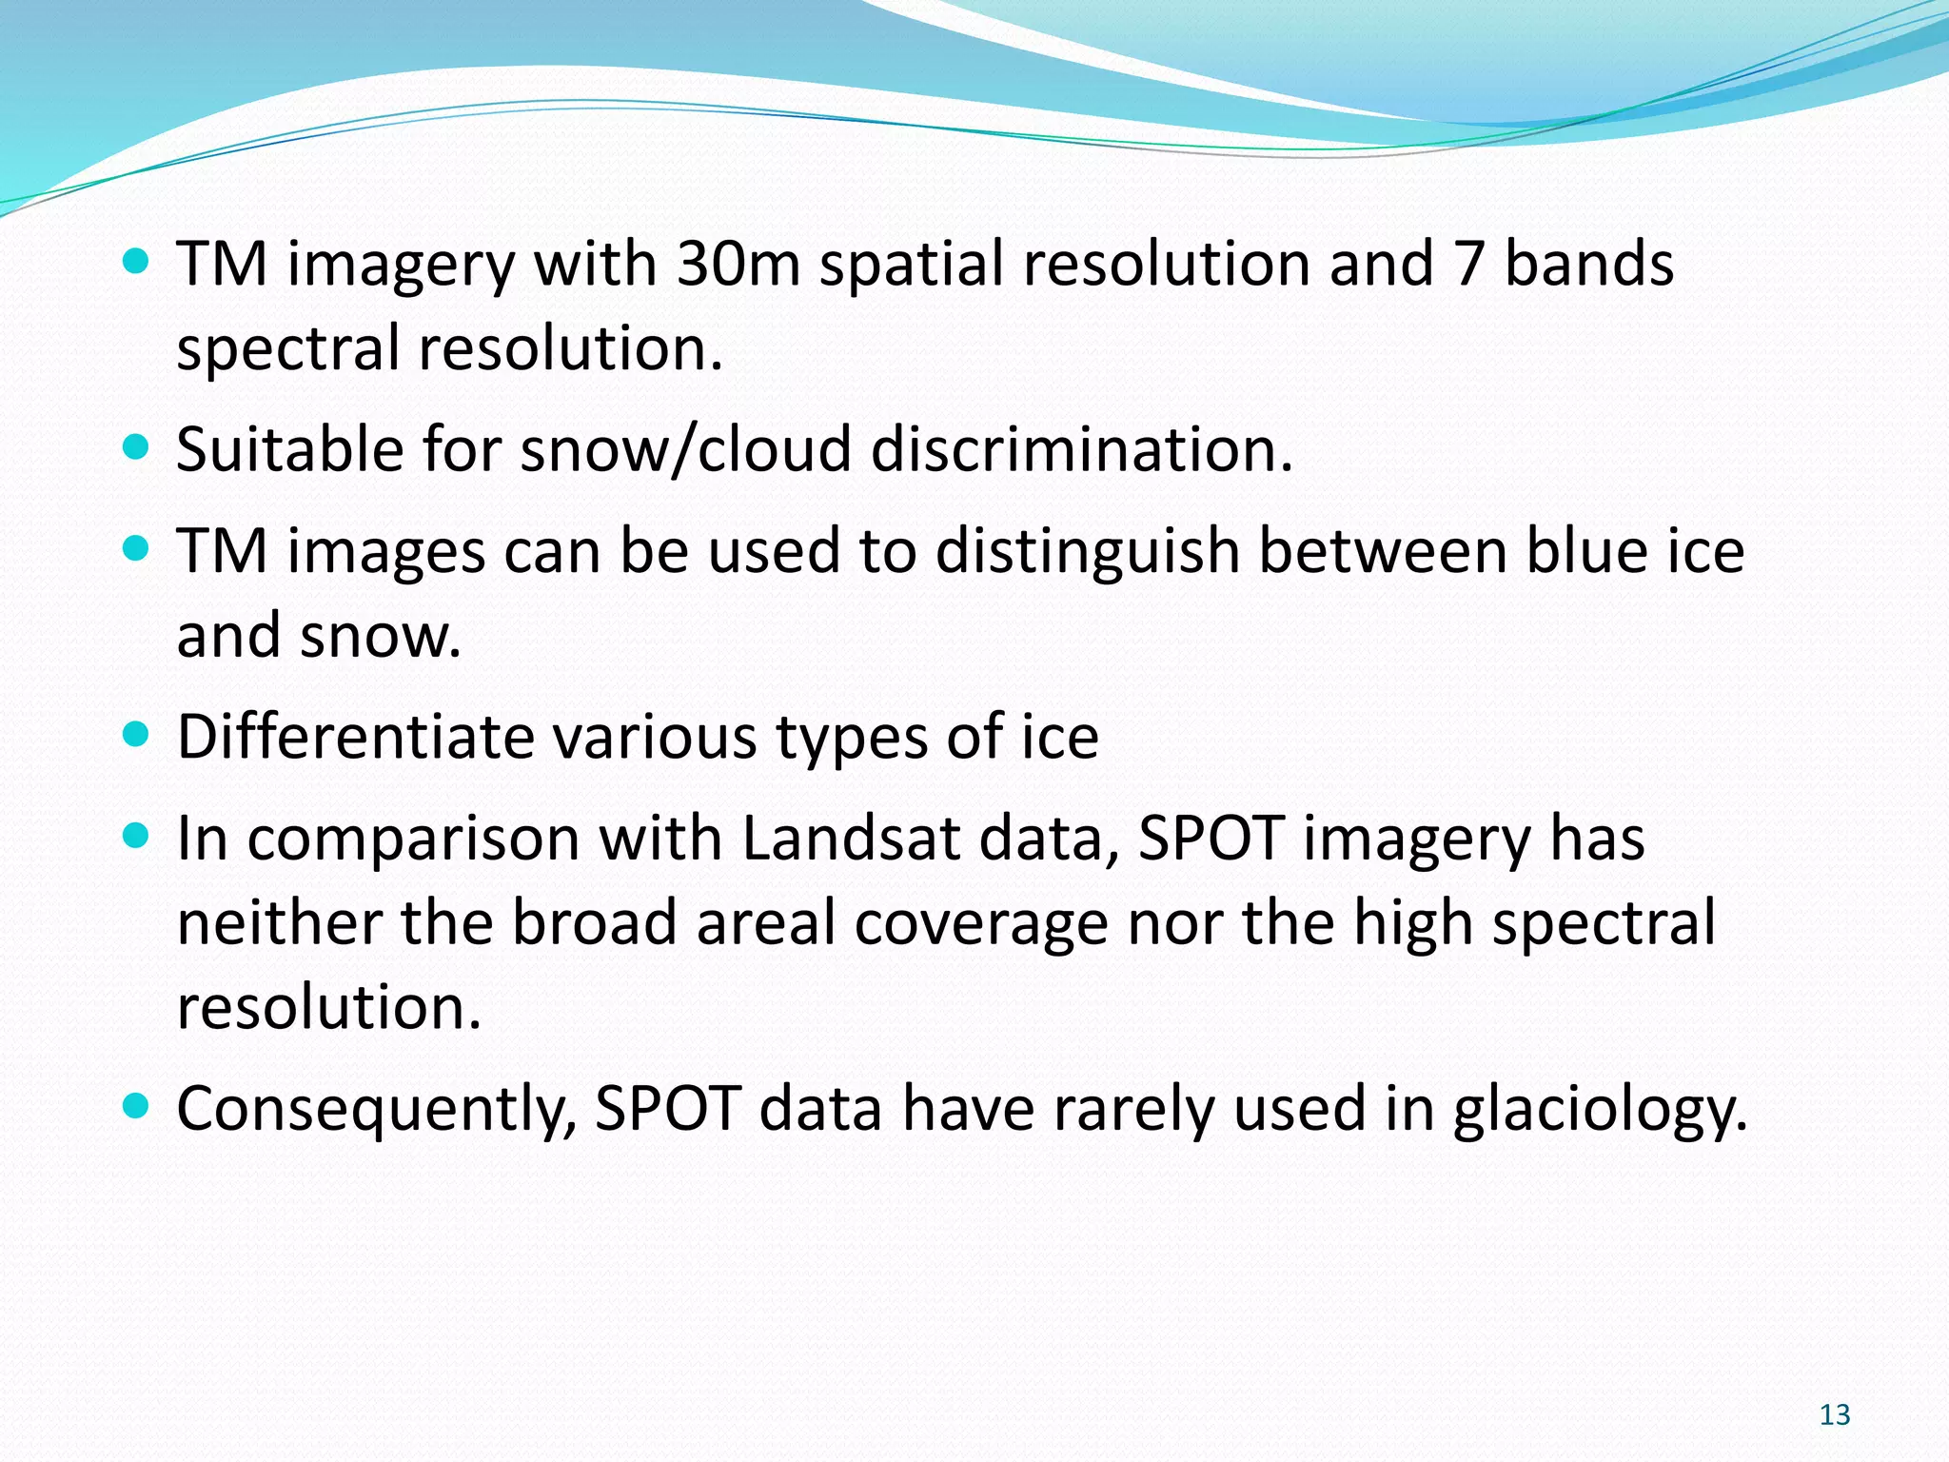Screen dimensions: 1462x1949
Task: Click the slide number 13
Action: point(1834,1414)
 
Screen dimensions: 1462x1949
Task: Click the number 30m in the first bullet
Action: point(738,264)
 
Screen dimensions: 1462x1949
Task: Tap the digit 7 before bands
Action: point(1469,264)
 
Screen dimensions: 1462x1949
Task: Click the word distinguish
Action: point(1087,552)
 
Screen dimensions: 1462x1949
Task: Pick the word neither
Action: point(279,922)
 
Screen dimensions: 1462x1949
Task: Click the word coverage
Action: point(980,924)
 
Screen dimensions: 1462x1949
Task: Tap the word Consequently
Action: point(376,1110)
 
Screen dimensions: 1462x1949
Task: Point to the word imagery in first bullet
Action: point(401,266)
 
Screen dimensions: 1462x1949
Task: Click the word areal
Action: point(766,922)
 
